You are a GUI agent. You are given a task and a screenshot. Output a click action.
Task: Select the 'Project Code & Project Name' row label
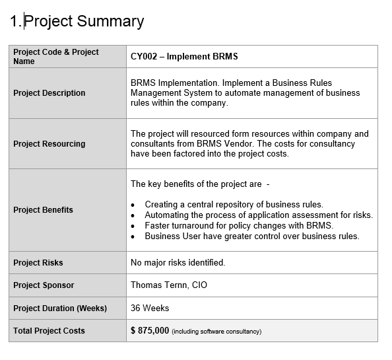[x=56, y=57]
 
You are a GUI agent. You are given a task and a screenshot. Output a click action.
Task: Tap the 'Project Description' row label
[x=49, y=93]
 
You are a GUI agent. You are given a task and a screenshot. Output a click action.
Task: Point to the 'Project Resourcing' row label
[x=49, y=144]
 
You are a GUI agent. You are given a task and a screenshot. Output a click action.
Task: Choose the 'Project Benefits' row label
[x=44, y=210]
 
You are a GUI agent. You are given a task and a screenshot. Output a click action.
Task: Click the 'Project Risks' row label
[x=38, y=263]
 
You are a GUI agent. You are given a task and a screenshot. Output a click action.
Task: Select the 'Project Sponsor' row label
[x=44, y=285]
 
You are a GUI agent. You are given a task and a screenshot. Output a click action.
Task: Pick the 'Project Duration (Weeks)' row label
[x=60, y=308]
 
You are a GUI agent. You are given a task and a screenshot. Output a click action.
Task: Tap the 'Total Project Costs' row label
[x=49, y=331]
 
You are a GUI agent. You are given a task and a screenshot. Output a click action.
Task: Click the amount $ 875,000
[x=150, y=330]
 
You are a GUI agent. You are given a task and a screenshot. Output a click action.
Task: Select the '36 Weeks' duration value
[x=150, y=308]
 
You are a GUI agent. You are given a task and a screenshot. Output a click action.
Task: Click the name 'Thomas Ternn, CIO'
[x=169, y=285]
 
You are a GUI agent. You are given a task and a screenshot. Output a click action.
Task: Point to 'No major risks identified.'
[x=178, y=263]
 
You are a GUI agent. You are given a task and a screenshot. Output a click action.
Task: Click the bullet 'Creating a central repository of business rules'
[x=234, y=205]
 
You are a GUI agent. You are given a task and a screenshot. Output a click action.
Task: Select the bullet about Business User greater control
[x=251, y=236]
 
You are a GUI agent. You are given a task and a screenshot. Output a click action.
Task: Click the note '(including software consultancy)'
[x=216, y=332]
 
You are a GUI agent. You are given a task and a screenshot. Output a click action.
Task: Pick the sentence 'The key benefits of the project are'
[x=196, y=184]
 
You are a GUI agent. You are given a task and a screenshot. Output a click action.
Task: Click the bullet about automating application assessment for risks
[x=259, y=215]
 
